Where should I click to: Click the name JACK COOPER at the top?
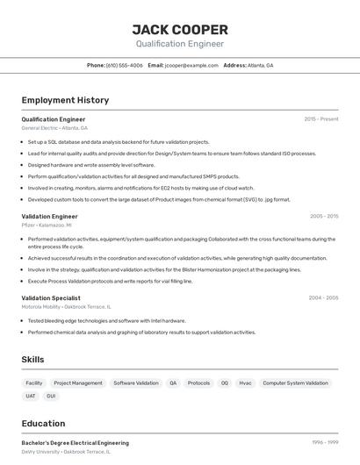pos(180,29)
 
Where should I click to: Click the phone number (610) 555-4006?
pos(124,65)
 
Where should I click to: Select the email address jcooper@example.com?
pos(191,65)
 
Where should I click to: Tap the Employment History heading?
pos(65,100)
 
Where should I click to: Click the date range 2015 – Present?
pos(320,118)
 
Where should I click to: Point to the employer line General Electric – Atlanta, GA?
pos(54,128)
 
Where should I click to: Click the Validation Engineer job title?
pos(49,216)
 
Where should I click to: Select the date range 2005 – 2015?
pos(323,216)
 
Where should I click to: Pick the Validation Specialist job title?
pos(50,297)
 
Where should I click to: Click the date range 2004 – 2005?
pos(322,297)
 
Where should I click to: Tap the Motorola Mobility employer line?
pos(67,306)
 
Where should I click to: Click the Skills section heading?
pos(32,360)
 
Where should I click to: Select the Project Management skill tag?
pos(78,383)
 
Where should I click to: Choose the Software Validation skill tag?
pos(136,383)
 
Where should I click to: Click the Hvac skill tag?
pos(245,383)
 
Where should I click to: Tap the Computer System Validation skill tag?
pos(295,383)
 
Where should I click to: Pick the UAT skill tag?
pos(31,396)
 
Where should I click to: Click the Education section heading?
pos(43,423)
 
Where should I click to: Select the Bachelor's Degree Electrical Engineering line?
pos(75,443)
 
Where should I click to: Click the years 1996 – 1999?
pos(325,443)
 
